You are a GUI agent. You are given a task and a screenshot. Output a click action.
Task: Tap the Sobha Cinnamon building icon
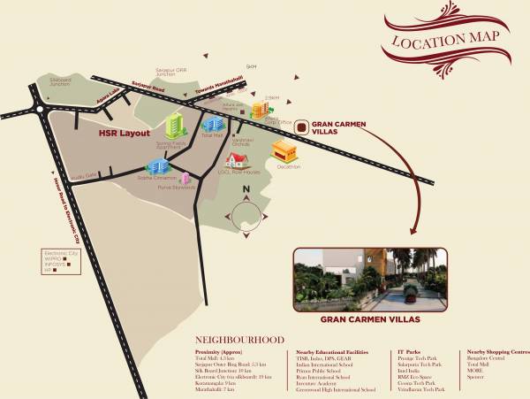[157, 166]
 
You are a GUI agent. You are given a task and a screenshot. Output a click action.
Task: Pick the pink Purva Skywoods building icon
[185, 178]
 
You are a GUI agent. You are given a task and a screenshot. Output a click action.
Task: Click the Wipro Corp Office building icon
[260, 109]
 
